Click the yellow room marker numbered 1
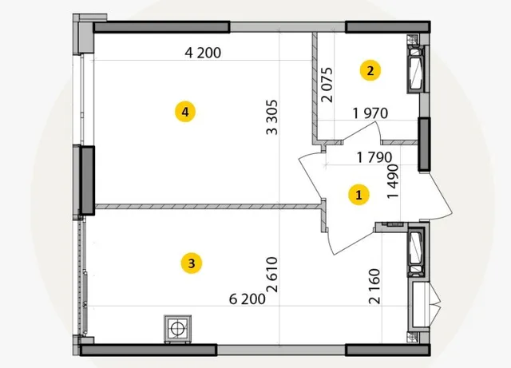pos(358,195)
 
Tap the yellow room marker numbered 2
pos(370,70)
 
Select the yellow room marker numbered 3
pos(192,263)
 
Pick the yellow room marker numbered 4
pos(185,112)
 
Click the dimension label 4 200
pos(203,53)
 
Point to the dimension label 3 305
pos(272,117)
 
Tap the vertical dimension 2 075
pos(327,85)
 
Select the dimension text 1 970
pos(370,113)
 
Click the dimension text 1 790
pos(374,157)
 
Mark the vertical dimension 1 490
pos(393,181)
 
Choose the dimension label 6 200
pos(248,299)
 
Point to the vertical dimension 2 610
pos(272,275)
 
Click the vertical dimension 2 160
pos(374,287)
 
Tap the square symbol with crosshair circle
pos(177,329)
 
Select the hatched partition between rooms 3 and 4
pos(208,206)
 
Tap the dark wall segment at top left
pos(162,27)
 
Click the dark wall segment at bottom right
pos(388,350)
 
